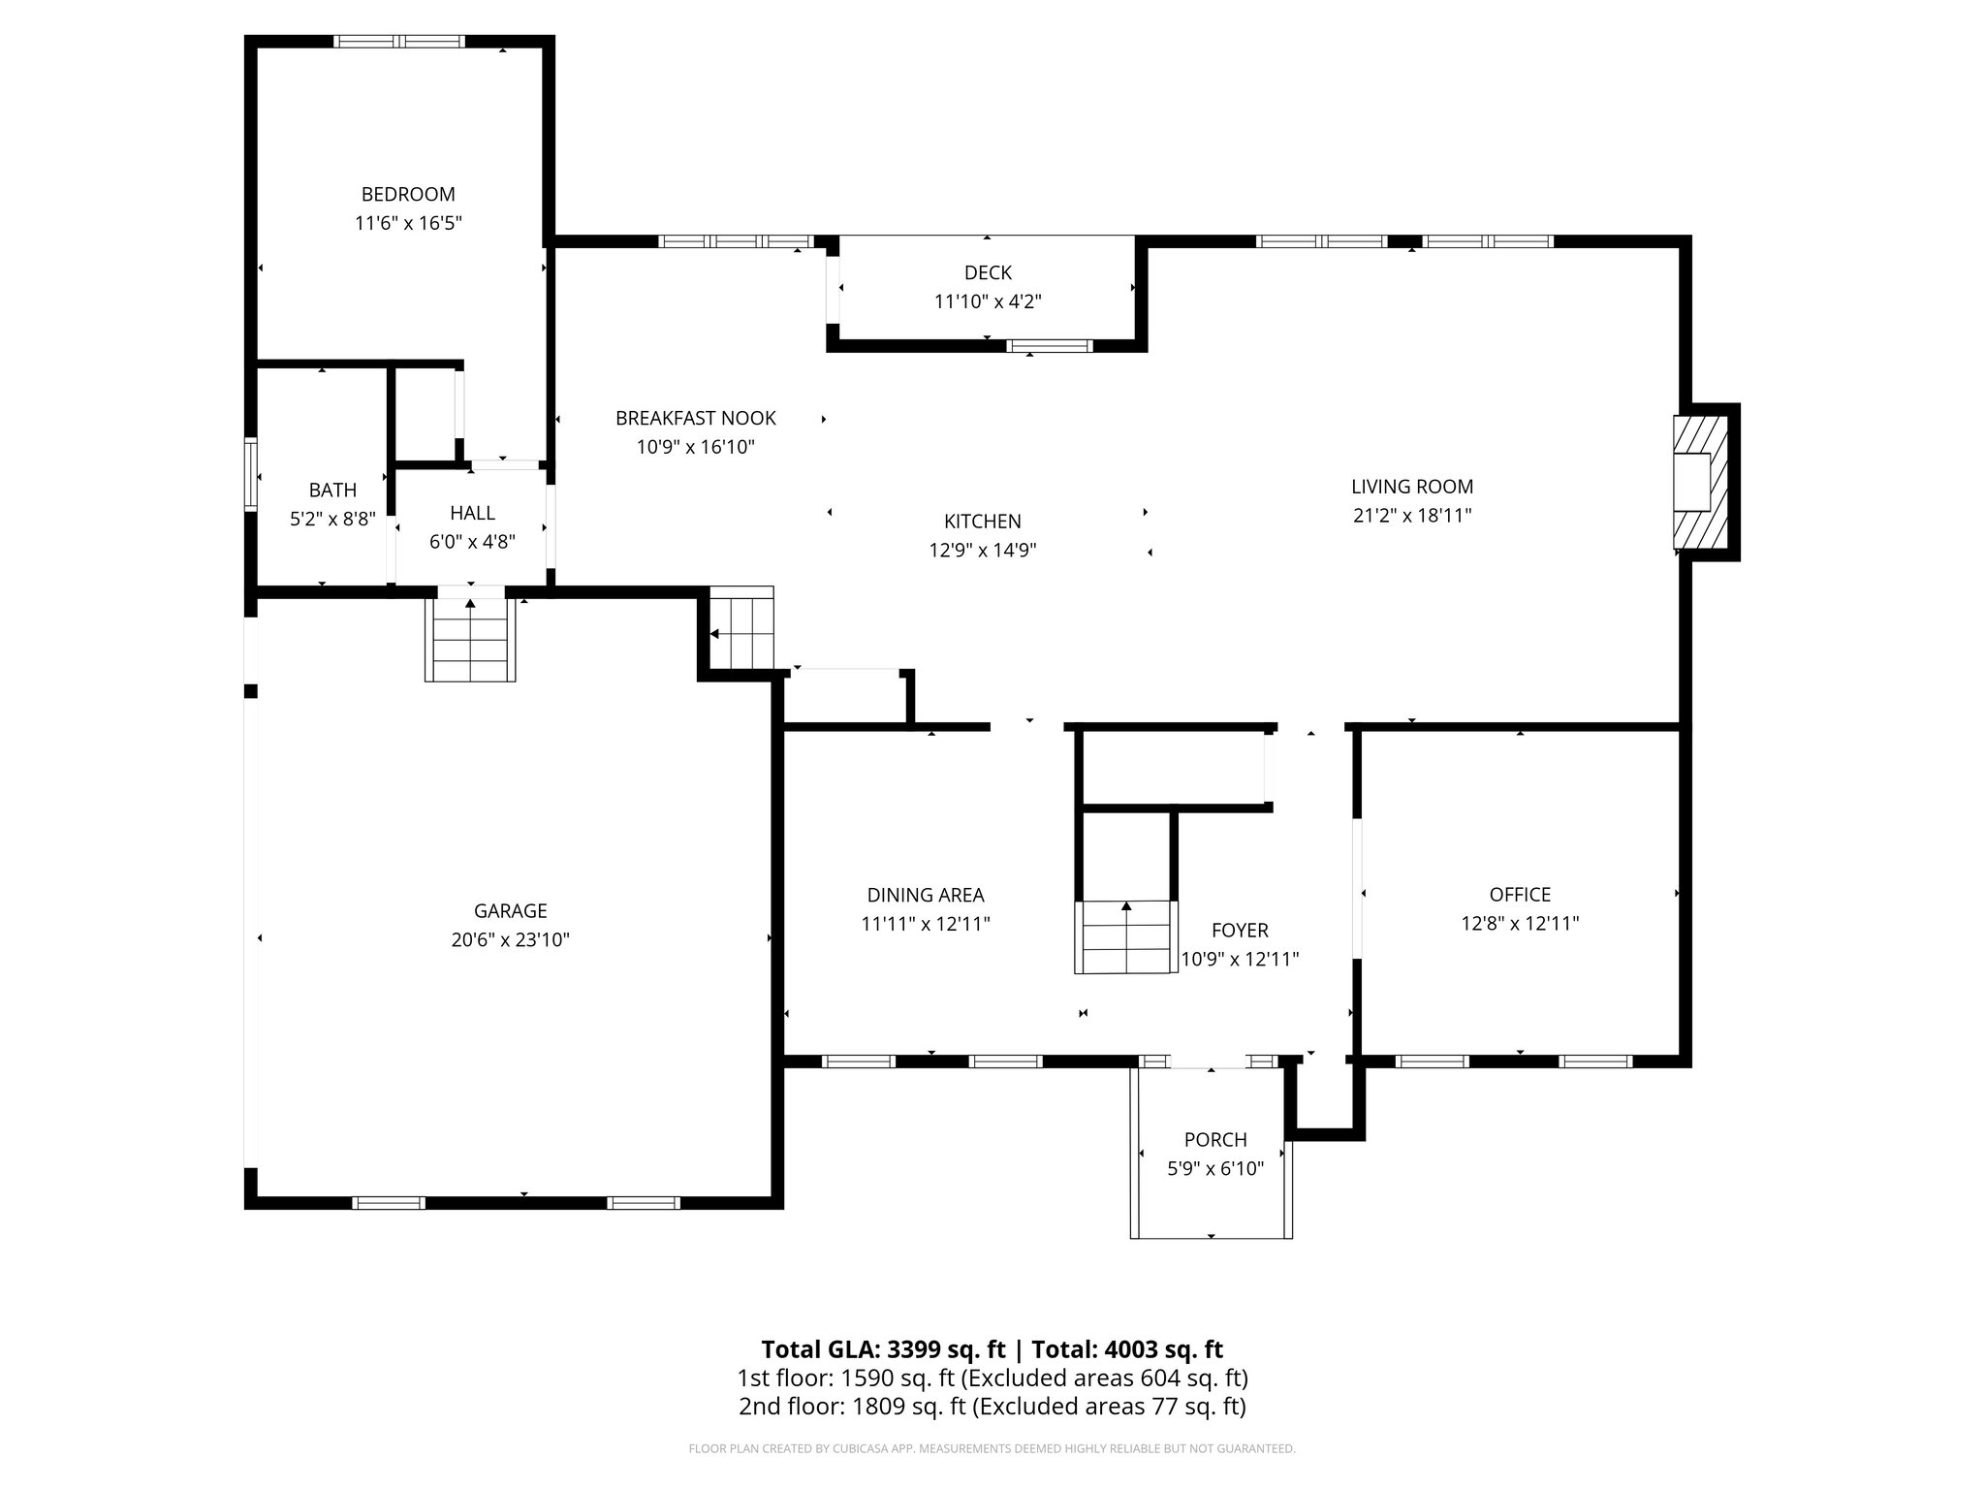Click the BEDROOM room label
408,194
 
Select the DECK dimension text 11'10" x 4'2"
988,301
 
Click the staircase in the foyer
1125,936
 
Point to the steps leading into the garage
470,639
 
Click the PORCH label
1215,1140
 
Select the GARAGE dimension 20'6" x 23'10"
510,939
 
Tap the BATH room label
332,491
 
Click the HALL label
472,513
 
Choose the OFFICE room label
1520,895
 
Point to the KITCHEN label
983,522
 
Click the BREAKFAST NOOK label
696,418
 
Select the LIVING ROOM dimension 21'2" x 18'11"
1412,516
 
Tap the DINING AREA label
926,896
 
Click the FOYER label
1240,931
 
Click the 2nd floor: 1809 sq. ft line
992,1407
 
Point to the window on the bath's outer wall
251,474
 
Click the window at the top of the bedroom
399,42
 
